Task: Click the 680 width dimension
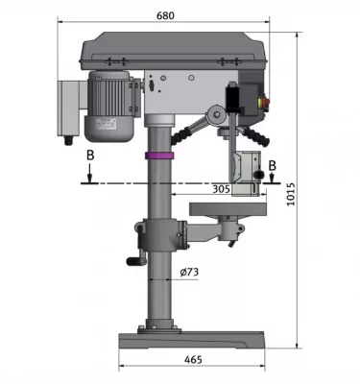[x=165, y=15]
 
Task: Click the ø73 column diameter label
[x=189, y=273]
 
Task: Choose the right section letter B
[x=273, y=164]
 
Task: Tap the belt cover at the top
[x=177, y=51]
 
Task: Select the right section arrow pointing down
[x=275, y=179]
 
